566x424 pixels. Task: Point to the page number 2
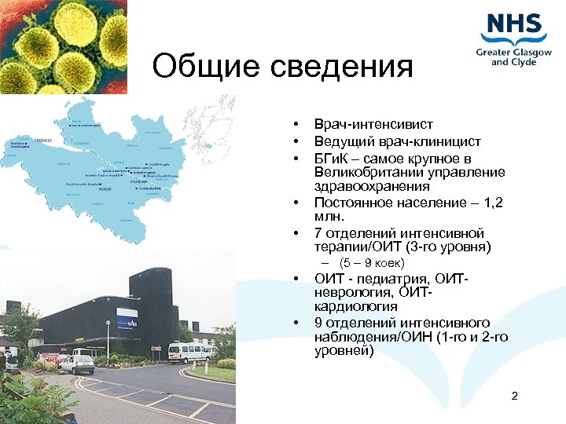(x=514, y=396)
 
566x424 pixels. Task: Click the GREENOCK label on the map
(x=44, y=139)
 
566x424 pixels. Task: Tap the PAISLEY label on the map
(x=104, y=189)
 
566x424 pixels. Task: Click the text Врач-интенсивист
(x=373, y=125)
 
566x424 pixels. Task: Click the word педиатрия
(x=386, y=278)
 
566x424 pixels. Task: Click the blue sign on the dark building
(x=127, y=319)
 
